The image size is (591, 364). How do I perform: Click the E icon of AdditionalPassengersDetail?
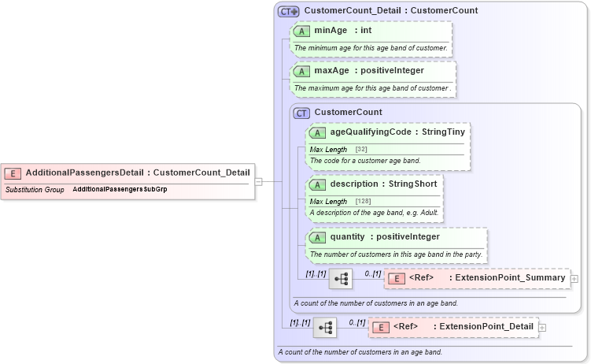tap(13, 173)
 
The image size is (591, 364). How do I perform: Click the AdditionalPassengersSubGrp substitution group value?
tap(120, 190)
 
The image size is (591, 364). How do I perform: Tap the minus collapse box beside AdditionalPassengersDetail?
tap(258, 181)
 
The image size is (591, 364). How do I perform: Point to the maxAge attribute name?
tap(331, 71)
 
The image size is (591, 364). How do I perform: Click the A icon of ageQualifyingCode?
tap(318, 132)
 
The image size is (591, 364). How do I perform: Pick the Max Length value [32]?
tap(361, 149)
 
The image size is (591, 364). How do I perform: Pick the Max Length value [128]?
tap(364, 201)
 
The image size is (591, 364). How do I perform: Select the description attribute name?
tap(353, 184)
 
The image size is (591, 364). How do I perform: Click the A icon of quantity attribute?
tap(318, 236)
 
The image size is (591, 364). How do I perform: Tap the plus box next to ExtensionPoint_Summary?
tap(574, 278)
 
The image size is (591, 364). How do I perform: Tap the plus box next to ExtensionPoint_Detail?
tap(542, 327)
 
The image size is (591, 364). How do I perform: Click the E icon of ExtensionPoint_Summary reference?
tap(397, 278)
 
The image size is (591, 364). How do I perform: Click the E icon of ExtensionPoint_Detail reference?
tap(382, 327)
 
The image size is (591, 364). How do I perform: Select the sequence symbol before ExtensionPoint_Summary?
tap(341, 278)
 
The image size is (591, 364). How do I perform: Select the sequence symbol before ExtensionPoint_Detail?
tap(324, 327)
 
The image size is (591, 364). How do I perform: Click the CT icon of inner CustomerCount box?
tap(302, 113)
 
